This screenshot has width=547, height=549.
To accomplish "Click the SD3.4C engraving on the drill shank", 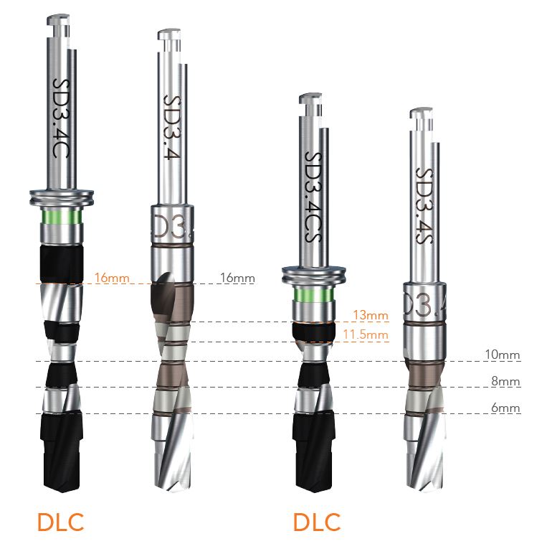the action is tap(61, 118).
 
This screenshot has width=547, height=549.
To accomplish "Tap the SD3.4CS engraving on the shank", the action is tap(313, 197).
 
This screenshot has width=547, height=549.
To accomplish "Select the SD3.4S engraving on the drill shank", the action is tap(424, 206).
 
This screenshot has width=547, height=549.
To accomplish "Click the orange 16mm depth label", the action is tap(112, 278).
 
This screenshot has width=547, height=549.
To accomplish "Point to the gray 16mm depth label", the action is tap(237, 278).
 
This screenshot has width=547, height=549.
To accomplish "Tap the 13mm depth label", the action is tap(371, 315).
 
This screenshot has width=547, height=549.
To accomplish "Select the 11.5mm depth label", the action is tap(366, 334).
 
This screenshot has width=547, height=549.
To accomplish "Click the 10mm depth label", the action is tap(503, 355).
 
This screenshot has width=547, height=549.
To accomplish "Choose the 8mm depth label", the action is tap(505, 381).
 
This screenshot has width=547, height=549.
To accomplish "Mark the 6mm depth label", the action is tap(505, 408).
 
